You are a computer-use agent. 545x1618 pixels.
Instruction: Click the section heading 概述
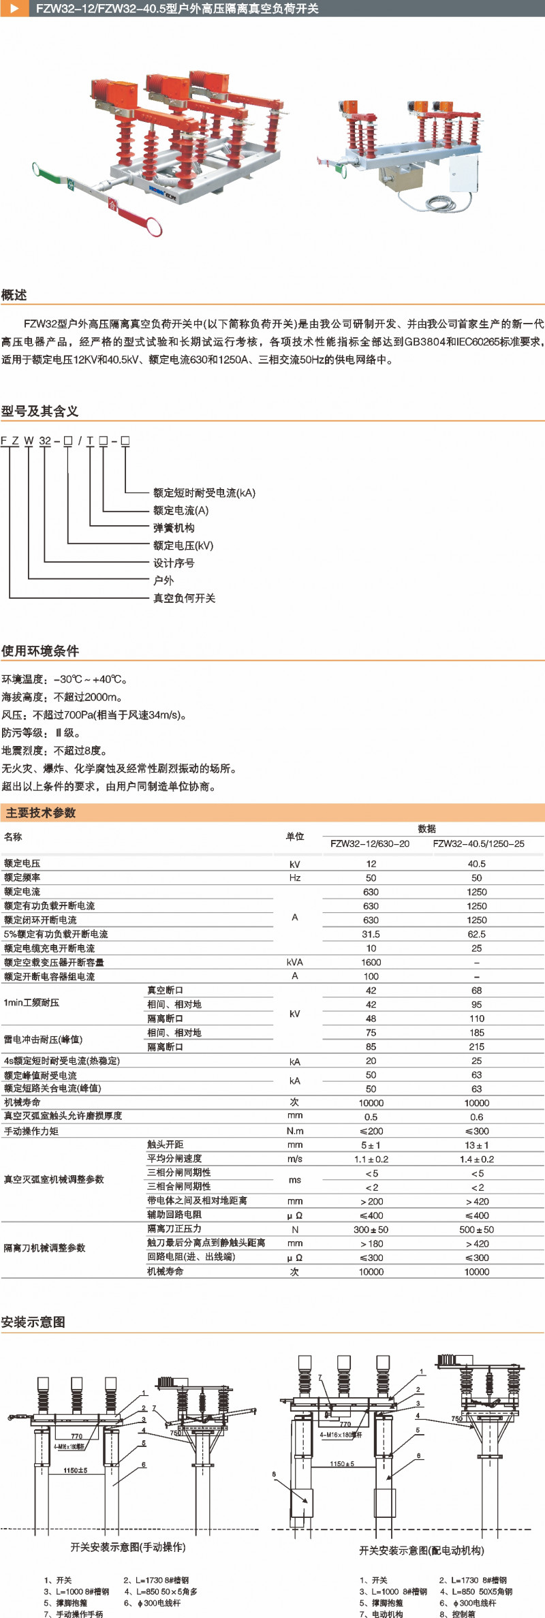click(14, 295)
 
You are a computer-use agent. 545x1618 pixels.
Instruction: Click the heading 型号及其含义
click(40, 411)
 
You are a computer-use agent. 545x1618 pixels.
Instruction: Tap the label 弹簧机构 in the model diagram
click(174, 528)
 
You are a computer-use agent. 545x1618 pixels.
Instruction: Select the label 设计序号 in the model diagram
click(174, 563)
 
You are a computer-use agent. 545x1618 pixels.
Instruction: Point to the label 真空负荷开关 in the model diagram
click(184, 598)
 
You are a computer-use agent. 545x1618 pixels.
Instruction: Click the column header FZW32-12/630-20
click(370, 843)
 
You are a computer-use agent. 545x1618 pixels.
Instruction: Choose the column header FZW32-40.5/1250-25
click(478, 843)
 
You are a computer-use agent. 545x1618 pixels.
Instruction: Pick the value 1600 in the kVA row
click(371, 962)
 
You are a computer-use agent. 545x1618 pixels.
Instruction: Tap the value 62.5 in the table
click(476, 934)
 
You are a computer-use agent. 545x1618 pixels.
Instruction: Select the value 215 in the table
click(476, 1046)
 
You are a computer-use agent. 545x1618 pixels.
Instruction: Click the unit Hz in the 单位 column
click(294, 877)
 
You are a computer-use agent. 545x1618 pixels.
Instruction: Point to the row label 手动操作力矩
click(31, 1131)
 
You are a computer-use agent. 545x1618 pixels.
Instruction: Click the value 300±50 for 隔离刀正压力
click(371, 1230)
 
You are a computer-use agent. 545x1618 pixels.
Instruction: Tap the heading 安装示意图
click(33, 1322)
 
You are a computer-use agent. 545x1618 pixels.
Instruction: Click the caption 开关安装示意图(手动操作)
click(128, 1547)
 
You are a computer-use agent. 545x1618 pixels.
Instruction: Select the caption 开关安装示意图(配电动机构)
click(421, 1551)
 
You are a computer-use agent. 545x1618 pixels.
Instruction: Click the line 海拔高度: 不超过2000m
click(62, 697)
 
